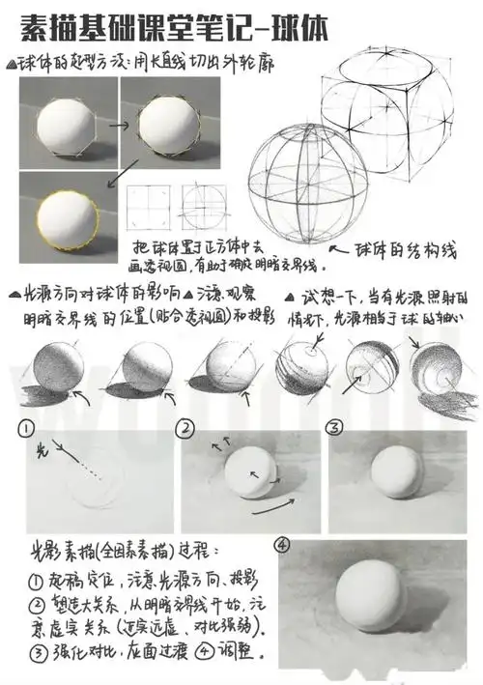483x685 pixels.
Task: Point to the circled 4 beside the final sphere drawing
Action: point(283,546)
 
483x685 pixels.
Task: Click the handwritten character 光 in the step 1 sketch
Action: point(40,451)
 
